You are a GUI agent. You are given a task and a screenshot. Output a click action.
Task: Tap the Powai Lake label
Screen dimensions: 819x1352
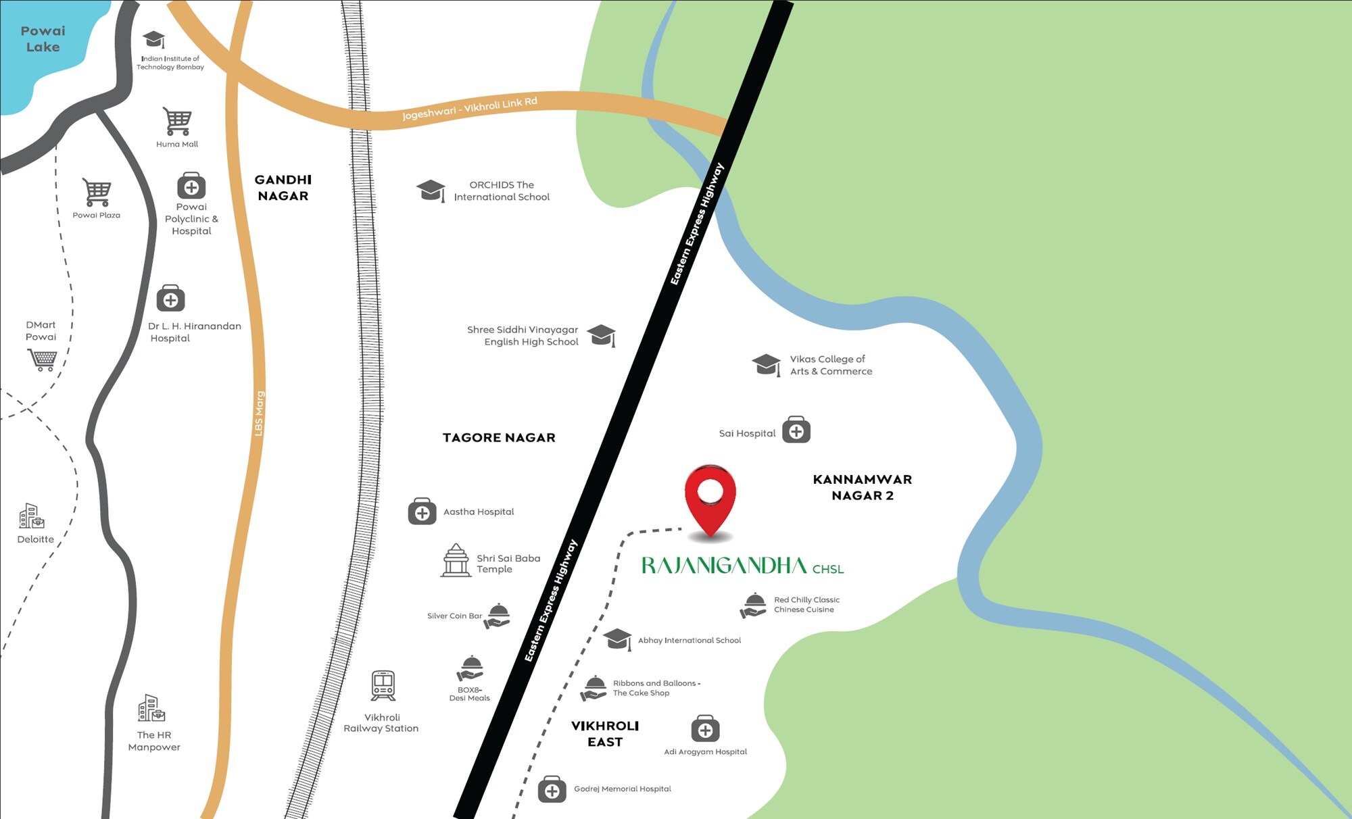click(x=43, y=39)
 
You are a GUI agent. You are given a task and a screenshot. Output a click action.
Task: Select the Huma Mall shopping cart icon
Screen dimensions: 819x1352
click(x=177, y=122)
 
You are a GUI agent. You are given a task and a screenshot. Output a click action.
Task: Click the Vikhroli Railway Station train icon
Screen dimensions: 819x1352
click(x=383, y=686)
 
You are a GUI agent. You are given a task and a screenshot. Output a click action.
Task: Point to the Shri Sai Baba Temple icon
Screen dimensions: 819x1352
click(x=456, y=560)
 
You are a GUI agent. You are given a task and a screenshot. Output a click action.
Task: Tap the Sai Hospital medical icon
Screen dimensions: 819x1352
click(x=796, y=430)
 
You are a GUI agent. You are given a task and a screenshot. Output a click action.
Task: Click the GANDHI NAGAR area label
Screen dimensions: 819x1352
click(x=283, y=188)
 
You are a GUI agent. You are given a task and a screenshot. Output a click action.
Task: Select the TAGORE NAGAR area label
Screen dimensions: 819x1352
click(x=499, y=438)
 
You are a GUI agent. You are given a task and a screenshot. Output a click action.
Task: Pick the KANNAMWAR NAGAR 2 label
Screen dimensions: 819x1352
click(x=862, y=487)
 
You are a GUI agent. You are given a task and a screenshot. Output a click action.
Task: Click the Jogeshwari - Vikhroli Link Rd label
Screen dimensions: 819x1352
click(x=469, y=108)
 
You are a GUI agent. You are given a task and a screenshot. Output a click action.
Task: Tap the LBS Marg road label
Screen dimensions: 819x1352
click(x=259, y=414)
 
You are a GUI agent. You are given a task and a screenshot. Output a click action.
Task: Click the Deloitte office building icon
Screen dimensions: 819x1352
click(x=31, y=516)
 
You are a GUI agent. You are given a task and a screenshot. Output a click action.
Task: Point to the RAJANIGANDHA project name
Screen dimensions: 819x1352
click(x=723, y=566)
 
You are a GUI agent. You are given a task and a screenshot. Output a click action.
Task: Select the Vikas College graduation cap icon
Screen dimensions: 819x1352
click(x=767, y=364)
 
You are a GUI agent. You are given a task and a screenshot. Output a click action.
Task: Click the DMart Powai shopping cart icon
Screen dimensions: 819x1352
click(x=43, y=359)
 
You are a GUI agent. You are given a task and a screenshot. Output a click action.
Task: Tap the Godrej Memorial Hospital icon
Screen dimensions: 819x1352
click(x=552, y=789)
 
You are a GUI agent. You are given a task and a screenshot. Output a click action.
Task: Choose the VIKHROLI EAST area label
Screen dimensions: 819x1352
click(x=605, y=734)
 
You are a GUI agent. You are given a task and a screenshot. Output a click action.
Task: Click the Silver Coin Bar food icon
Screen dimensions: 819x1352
click(x=498, y=616)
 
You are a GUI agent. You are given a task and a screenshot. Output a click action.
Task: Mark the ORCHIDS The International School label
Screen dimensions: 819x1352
click(x=502, y=191)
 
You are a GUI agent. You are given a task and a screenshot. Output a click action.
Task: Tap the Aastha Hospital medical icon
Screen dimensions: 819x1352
click(x=422, y=512)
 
